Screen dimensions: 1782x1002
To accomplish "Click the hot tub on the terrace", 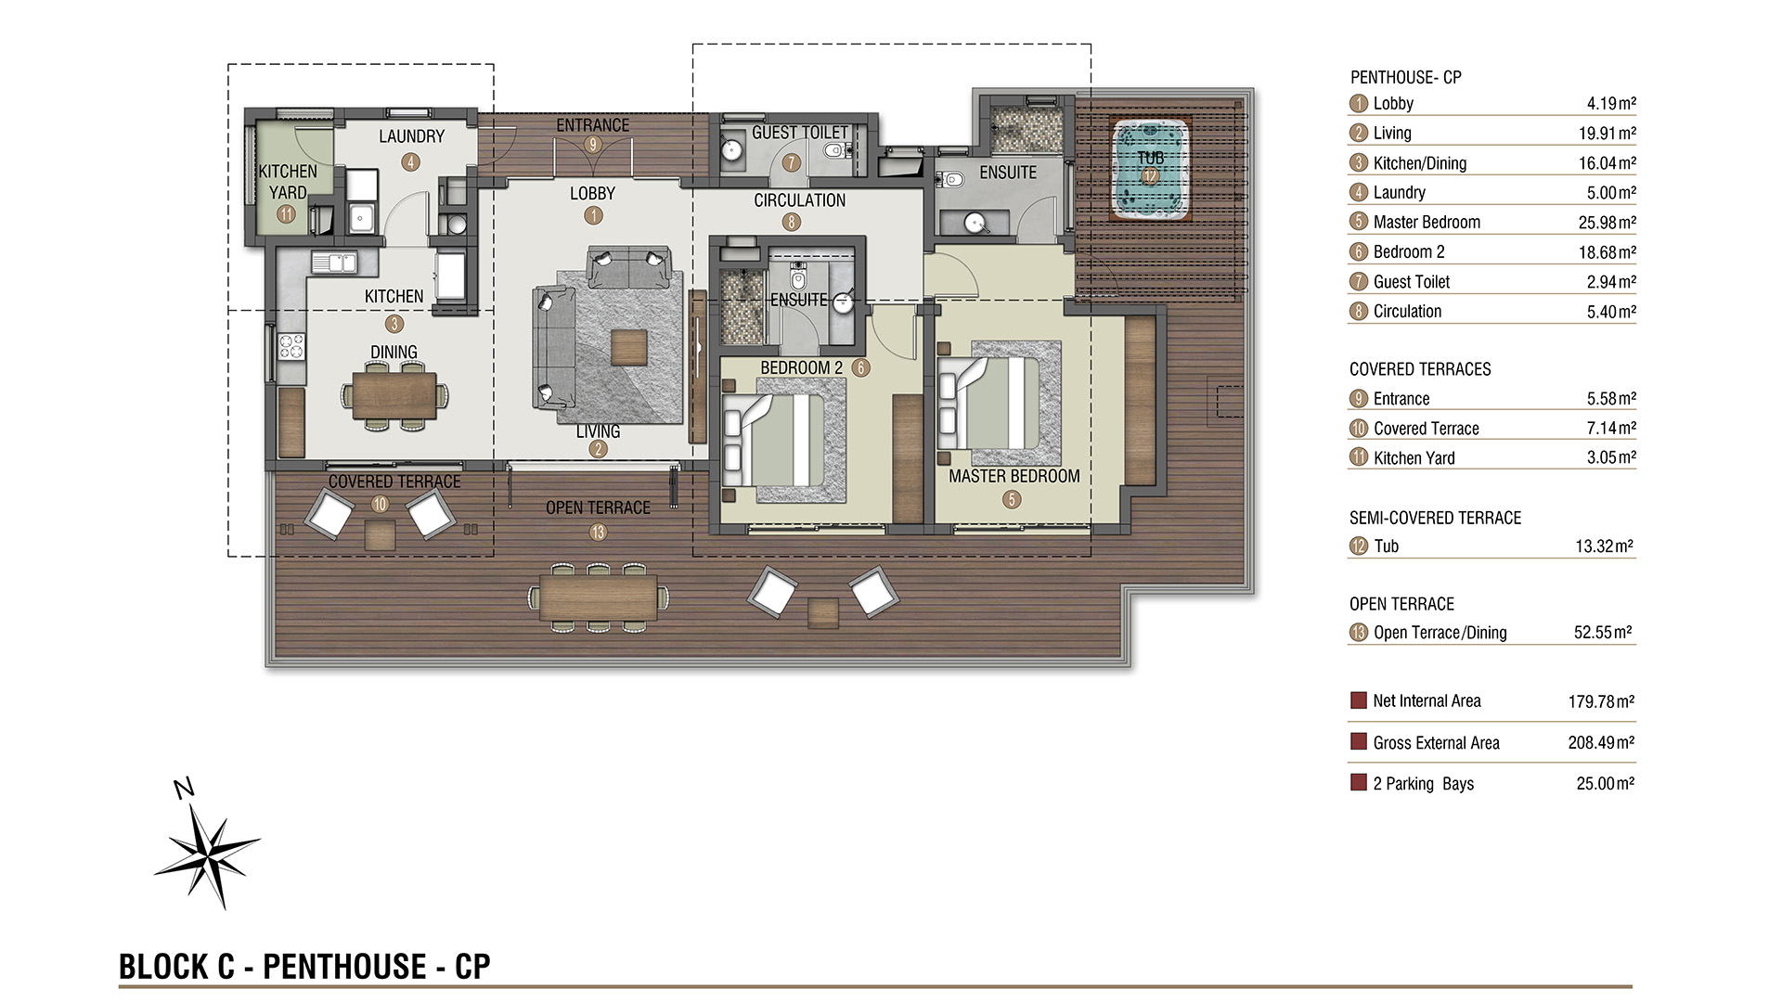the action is tap(1150, 168).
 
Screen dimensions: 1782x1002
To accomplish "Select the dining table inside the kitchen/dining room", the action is tap(394, 394).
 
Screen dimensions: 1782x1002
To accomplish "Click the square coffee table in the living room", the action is tap(628, 348).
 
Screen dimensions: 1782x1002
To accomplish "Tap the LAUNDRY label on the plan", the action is tap(411, 136).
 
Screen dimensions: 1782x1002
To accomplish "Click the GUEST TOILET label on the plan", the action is tap(799, 133).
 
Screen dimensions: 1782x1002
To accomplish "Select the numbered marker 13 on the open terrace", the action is tap(598, 532).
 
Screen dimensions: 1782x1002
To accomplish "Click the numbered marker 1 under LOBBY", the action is tap(593, 215).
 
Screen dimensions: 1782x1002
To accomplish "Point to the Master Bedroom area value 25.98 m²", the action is tap(1607, 223).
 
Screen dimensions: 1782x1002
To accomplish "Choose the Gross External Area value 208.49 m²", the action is tap(1602, 742).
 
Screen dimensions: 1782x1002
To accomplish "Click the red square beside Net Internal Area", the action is tap(1359, 700).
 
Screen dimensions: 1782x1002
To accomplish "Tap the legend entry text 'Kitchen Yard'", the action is tap(1414, 457).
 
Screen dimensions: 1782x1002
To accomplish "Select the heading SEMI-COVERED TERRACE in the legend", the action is tap(1435, 518).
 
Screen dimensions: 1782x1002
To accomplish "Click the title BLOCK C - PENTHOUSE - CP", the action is tap(304, 967).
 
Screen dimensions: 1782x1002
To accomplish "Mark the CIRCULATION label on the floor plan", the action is tap(799, 200).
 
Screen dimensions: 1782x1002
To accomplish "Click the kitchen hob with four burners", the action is tap(291, 346).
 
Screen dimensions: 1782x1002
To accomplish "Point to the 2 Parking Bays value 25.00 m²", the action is tap(1606, 783).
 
